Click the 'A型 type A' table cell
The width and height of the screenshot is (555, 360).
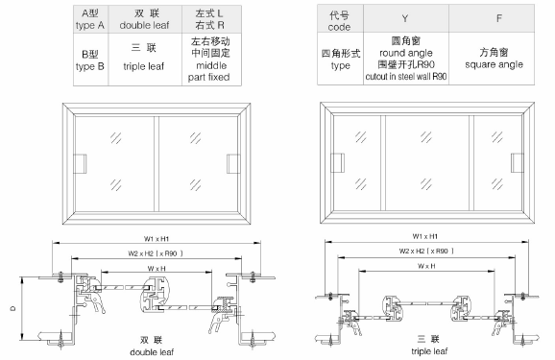(91, 18)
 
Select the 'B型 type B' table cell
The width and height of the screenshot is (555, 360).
(91, 63)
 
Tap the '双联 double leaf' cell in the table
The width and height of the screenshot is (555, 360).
(148, 18)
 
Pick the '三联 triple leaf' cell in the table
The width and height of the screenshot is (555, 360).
(148, 63)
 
